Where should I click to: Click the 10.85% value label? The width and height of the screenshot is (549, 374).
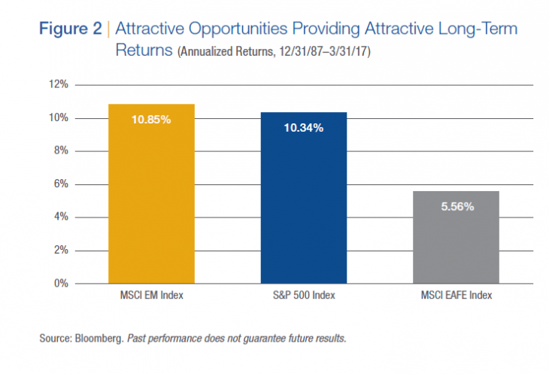click(151, 120)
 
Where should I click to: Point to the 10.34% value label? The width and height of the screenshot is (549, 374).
click(303, 128)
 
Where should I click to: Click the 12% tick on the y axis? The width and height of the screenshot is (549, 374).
click(58, 85)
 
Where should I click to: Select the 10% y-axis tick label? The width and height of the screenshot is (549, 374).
click(58, 118)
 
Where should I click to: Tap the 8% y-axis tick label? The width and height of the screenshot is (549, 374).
click(60, 151)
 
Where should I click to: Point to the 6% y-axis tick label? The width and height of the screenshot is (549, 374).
click(60, 184)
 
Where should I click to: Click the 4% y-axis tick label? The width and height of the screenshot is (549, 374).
click(60, 217)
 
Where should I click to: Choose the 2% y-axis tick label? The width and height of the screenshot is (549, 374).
click(60, 251)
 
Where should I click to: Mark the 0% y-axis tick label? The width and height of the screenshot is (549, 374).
click(60, 284)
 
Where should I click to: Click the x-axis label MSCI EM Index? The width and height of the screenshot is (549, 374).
click(151, 296)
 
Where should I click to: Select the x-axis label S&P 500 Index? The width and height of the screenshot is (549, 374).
click(303, 296)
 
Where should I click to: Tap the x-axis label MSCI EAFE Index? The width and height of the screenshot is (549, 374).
click(456, 296)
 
